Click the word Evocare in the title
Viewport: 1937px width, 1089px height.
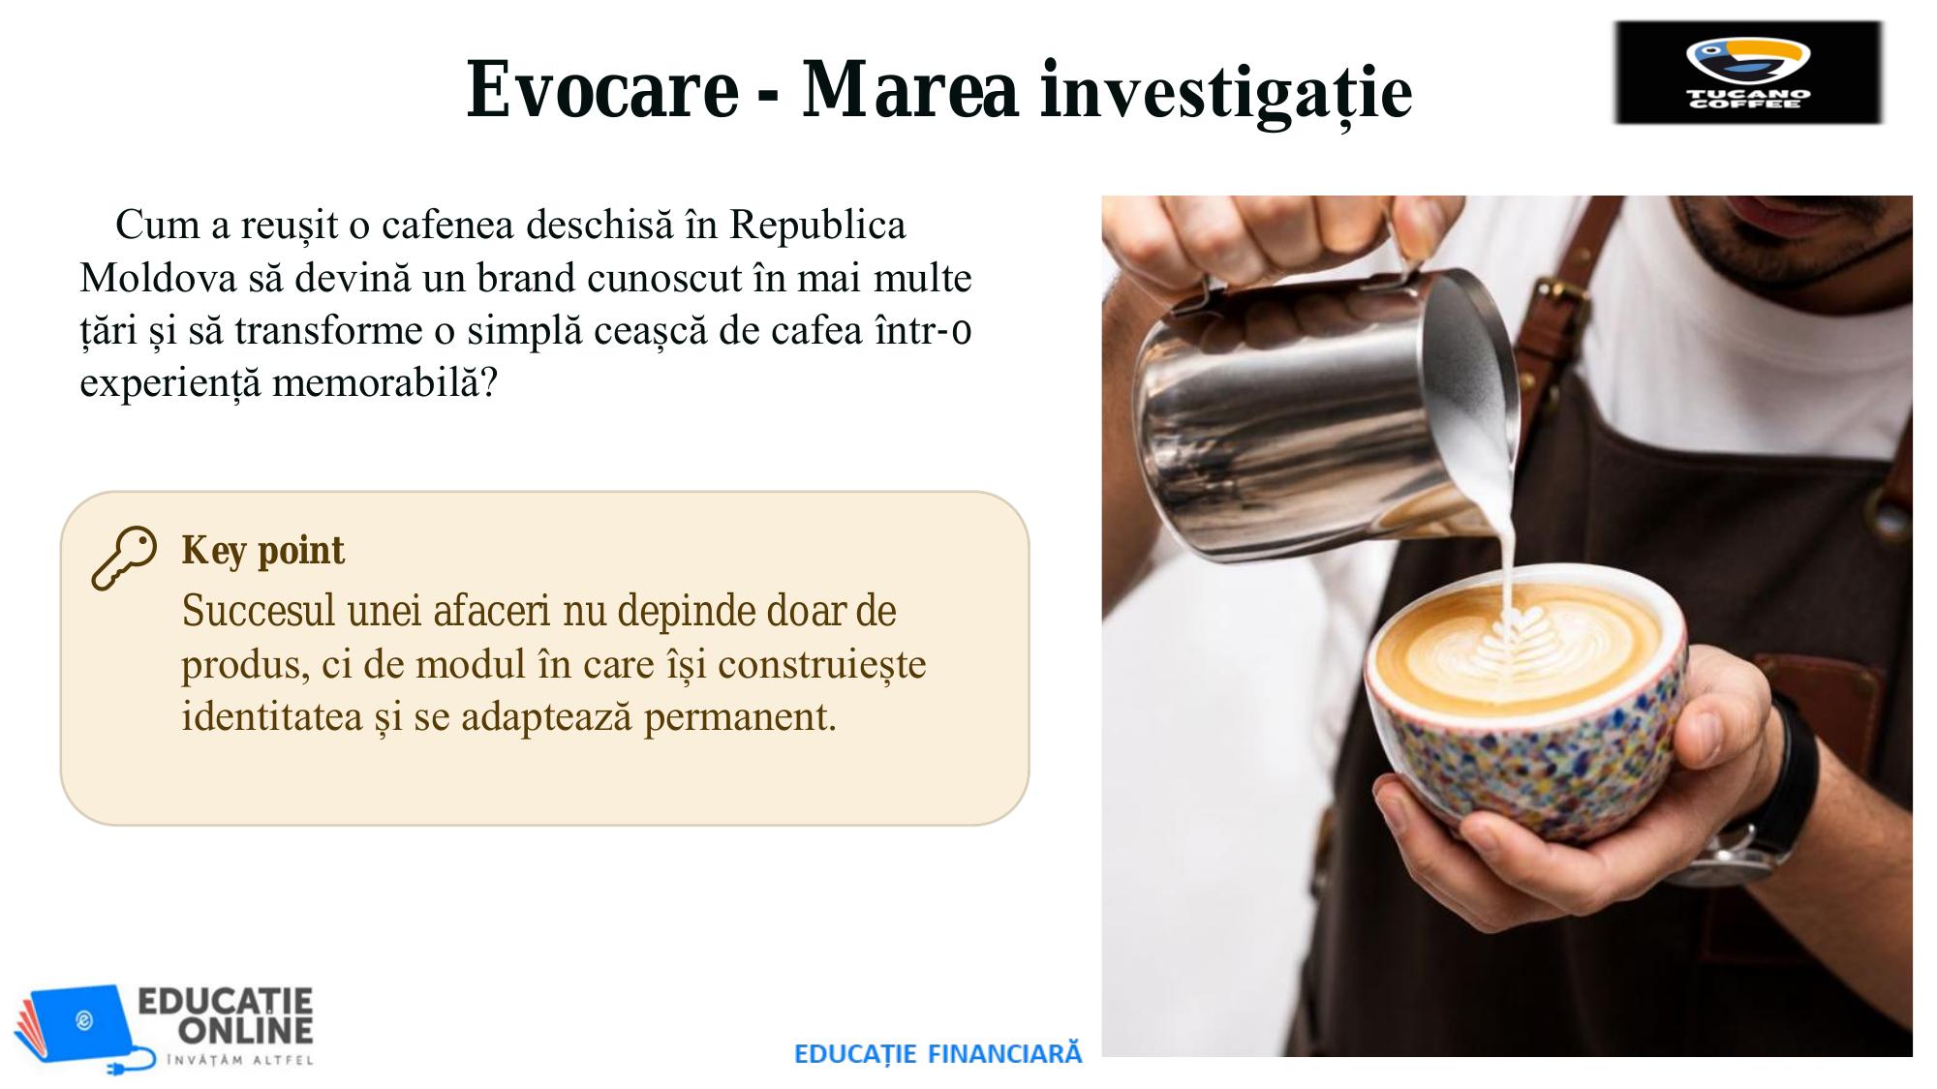click(x=602, y=90)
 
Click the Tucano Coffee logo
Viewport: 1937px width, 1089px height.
click(x=1748, y=74)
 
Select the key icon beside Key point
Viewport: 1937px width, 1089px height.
click(x=123, y=559)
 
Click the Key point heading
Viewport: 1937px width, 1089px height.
click(x=262, y=551)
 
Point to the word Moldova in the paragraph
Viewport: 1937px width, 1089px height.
click(x=158, y=279)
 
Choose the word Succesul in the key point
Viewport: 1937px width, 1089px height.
click(x=259, y=611)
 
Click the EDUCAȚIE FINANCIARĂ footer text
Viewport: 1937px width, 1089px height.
click(x=938, y=1053)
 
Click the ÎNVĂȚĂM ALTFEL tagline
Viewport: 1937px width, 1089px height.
click(x=240, y=1060)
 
